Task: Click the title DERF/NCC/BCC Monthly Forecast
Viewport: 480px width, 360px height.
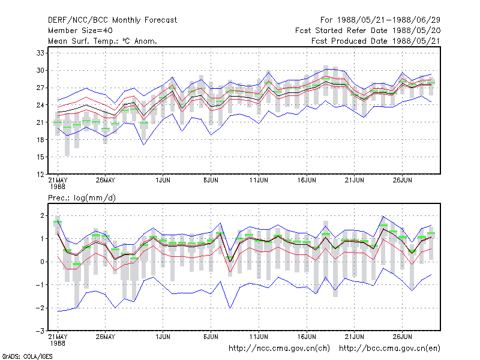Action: coord(112,20)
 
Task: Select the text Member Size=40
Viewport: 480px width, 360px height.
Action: coord(80,31)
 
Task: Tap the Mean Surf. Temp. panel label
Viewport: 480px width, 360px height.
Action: coord(103,41)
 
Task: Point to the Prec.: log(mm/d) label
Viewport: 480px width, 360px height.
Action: coord(82,198)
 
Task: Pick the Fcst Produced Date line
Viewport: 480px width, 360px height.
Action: coord(376,41)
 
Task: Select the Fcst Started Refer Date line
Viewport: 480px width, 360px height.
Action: coord(368,31)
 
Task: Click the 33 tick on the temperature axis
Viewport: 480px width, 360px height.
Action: coord(40,53)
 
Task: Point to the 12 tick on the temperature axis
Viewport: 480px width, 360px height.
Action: coord(40,175)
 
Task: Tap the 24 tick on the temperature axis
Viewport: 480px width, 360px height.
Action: coord(40,105)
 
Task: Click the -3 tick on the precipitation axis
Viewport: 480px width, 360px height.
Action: coord(40,331)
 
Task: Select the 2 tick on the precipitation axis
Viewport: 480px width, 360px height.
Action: coord(42,215)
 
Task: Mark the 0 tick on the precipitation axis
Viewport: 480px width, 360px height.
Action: coord(42,262)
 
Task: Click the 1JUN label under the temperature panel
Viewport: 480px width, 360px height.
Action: coord(163,181)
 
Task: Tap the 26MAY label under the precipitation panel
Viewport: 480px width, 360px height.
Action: coord(106,337)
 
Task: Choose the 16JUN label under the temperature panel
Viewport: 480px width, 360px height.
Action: coord(307,181)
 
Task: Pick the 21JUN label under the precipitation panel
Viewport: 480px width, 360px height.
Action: coord(355,337)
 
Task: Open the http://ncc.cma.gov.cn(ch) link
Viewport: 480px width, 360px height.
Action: coord(280,349)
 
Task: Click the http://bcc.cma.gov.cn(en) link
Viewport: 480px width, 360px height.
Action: coord(389,349)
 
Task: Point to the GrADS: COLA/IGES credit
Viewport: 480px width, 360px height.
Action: coord(27,356)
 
